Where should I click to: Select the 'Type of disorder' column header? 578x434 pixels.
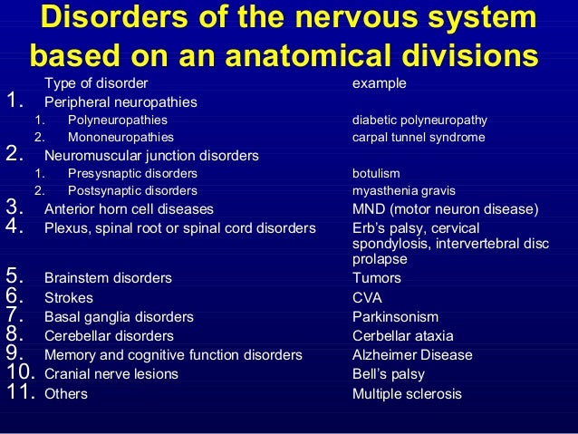(95, 83)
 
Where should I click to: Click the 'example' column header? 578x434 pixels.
(379, 83)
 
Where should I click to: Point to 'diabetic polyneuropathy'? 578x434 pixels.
(419, 120)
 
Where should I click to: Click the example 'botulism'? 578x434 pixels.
(376, 173)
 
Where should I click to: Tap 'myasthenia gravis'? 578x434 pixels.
(404, 191)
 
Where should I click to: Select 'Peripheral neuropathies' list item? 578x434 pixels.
(120, 101)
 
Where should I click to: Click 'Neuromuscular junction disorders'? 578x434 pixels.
(151, 155)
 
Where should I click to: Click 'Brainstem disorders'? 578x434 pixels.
(108, 278)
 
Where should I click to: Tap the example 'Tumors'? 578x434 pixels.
(376, 278)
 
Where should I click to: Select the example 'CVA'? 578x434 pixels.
(367, 297)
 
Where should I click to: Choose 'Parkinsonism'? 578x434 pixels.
(395, 317)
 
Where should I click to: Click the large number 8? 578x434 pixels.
(14, 335)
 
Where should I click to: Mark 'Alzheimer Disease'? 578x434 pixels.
(412, 355)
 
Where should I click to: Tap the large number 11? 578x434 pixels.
(20, 393)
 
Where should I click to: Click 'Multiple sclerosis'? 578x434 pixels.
(407, 394)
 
